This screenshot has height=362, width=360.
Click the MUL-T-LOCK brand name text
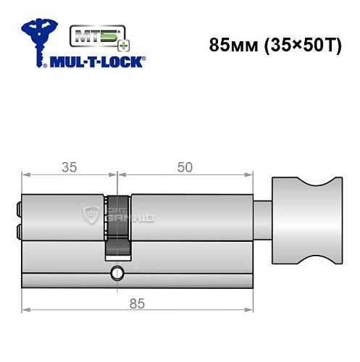pyautogui.click(x=96, y=62)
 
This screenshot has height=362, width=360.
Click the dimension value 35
pyautogui.click(x=70, y=167)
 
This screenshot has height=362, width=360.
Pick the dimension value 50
pyautogui.click(x=185, y=167)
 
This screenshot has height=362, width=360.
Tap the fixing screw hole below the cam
pyautogui.click(x=116, y=273)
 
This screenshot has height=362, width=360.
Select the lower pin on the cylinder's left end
pyautogui.click(x=17, y=231)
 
